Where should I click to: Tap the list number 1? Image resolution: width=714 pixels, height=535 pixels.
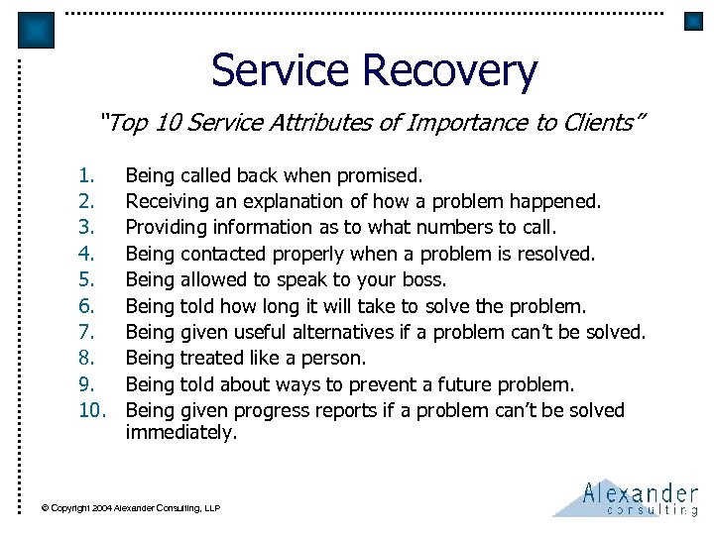pyautogui.click(x=87, y=176)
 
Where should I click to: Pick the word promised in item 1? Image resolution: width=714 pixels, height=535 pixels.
pyautogui.click(x=380, y=176)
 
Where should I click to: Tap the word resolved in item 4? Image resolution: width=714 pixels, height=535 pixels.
pyautogui.click(x=554, y=255)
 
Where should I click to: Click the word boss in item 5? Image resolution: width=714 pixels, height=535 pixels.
pyautogui.click(x=424, y=280)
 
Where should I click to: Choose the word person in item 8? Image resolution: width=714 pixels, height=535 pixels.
pyautogui.click(x=334, y=359)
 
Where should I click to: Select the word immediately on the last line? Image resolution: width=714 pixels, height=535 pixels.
pyautogui.click(x=181, y=432)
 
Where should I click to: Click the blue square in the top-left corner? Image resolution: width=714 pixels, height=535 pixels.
pyautogui.click(x=37, y=31)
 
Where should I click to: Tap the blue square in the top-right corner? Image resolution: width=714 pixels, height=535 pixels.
pyautogui.click(x=693, y=22)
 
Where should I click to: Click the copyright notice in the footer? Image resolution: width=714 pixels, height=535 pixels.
pyautogui.click(x=130, y=508)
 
